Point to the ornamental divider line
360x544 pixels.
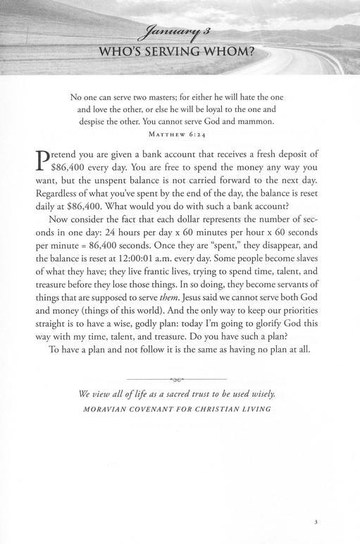(x=180, y=378)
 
